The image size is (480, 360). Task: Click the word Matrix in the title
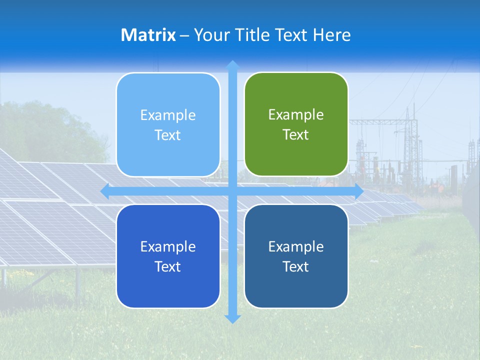click(148, 35)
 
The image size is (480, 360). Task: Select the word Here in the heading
click(331, 35)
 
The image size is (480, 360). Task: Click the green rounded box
click(296, 124)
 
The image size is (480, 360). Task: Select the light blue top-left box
click(168, 125)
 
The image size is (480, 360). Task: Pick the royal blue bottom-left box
click(168, 256)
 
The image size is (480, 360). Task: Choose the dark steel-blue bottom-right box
click(296, 256)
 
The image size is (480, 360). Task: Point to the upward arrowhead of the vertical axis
click(232, 65)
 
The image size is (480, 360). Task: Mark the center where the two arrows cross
click(232, 191)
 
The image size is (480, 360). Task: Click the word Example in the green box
click(296, 114)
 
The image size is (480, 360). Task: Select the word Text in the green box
click(296, 134)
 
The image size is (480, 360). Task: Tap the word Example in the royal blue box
click(168, 246)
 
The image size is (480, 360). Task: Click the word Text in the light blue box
click(168, 135)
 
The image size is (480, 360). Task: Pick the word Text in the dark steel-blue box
click(296, 266)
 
